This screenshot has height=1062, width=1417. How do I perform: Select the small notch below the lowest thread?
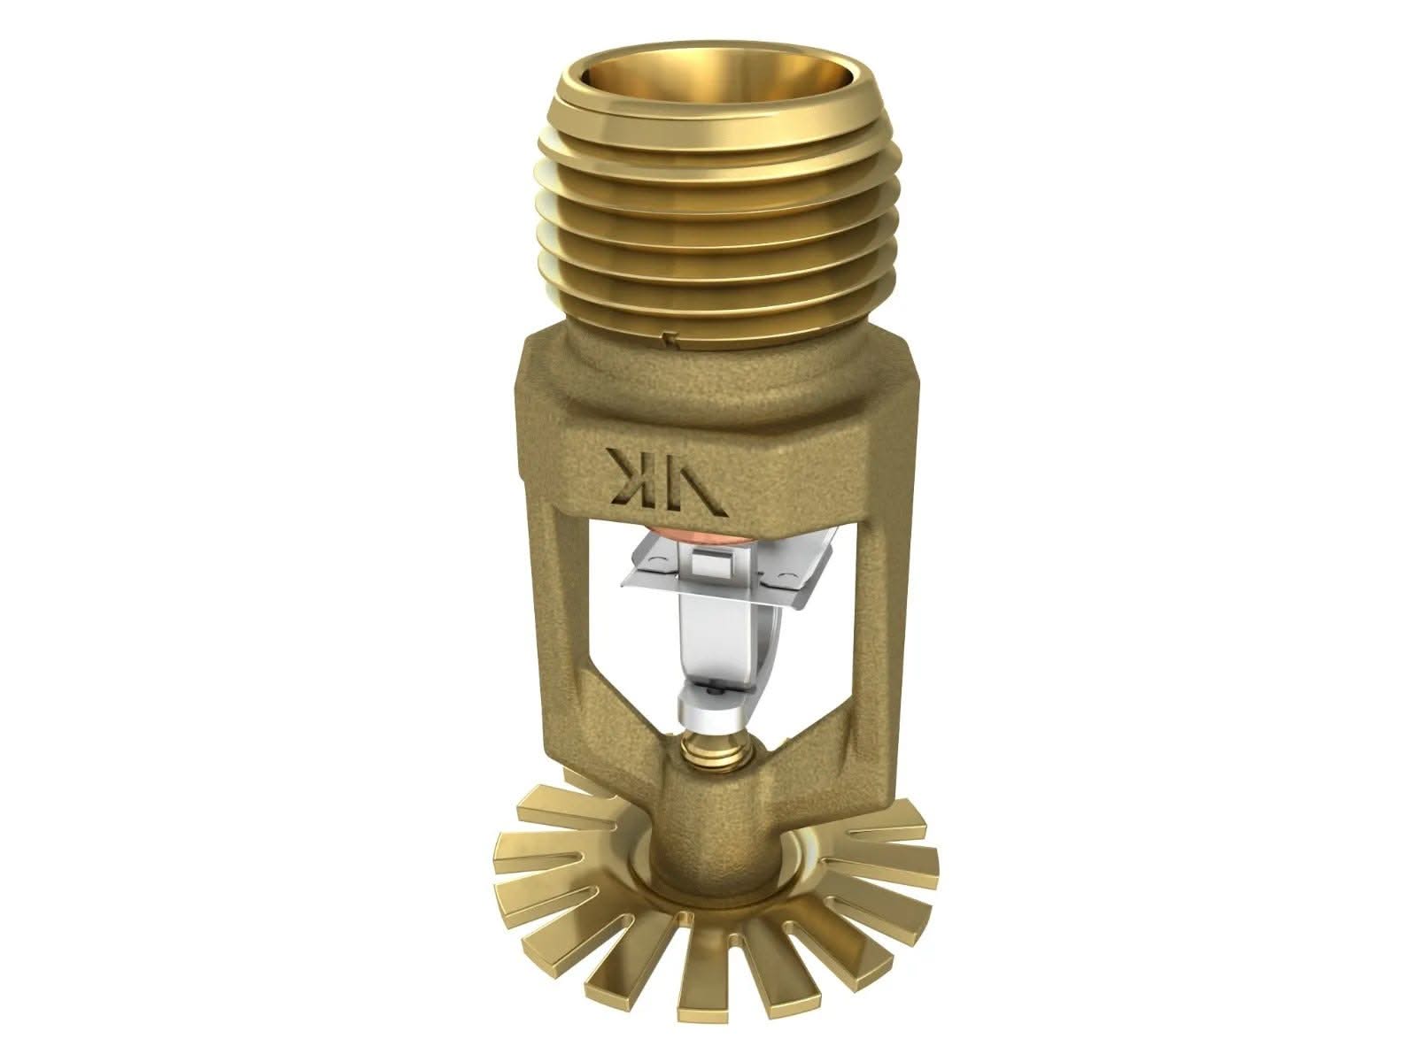click(x=670, y=335)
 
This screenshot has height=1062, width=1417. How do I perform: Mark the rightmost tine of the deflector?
click(x=912, y=858)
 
